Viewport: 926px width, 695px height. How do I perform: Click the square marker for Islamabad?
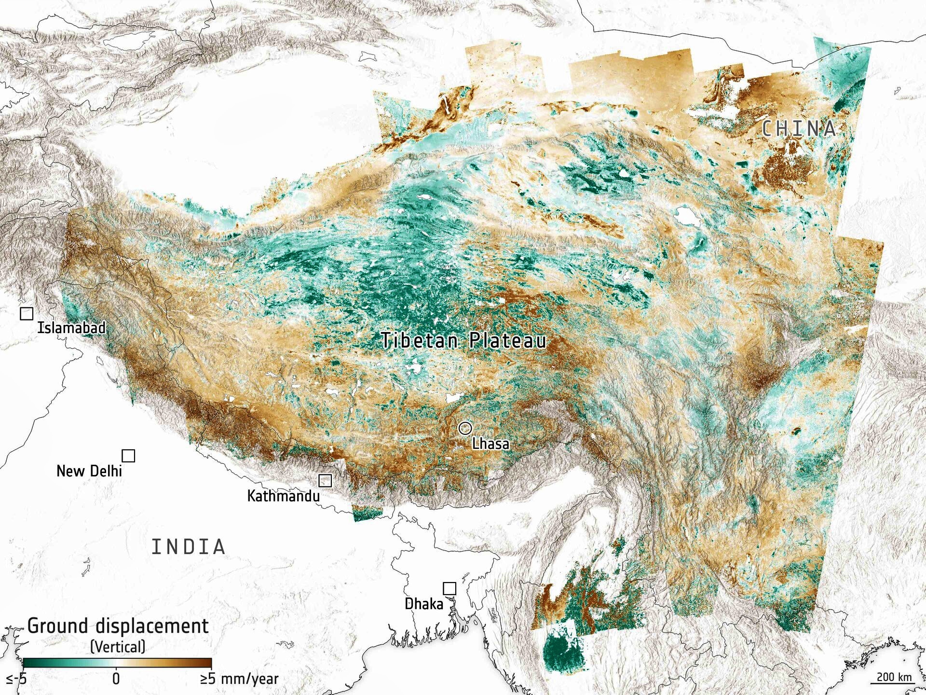tap(27, 313)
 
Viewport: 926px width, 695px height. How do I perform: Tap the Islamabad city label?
tap(71, 328)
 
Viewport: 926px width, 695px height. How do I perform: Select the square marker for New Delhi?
tap(128, 456)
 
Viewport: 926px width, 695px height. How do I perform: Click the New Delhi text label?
tap(89, 471)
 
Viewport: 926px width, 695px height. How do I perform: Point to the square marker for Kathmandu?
tap(325, 480)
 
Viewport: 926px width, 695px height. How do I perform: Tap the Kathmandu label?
tap(283, 496)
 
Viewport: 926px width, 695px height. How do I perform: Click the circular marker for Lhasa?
tap(465, 428)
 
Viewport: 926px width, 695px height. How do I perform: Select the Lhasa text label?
tap(490, 444)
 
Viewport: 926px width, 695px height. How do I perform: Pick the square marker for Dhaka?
tap(449, 588)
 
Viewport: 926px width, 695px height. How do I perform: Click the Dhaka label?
tap(423, 604)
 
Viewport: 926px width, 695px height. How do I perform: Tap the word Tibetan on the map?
tap(419, 340)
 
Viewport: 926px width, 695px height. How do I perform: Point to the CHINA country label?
tap(798, 129)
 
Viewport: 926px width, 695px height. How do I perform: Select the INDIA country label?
tap(188, 547)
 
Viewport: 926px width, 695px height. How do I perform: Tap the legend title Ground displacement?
tap(118, 626)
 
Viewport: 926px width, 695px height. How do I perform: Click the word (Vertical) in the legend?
tap(118, 647)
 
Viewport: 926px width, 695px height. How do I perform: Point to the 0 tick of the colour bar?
tap(116, 679)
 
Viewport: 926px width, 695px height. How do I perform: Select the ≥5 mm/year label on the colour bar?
tap(239, 679)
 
